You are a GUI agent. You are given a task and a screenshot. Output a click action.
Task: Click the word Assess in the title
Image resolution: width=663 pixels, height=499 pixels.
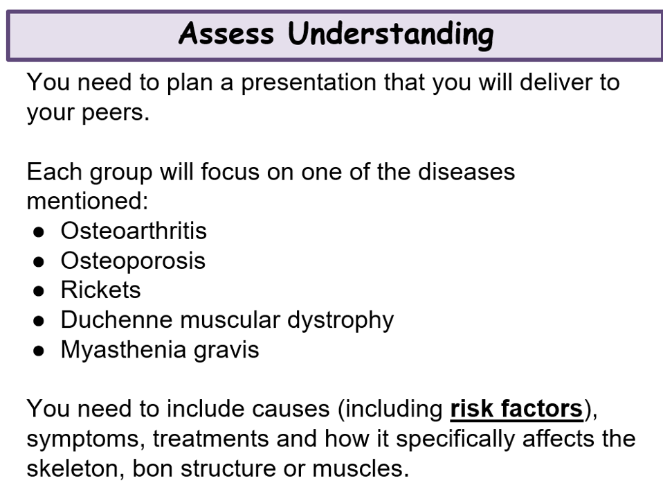[226, 33]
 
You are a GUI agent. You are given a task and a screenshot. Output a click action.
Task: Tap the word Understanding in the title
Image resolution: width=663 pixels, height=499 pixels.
[391, 35]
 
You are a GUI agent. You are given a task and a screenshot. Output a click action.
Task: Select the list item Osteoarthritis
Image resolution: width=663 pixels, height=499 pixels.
[134, 231]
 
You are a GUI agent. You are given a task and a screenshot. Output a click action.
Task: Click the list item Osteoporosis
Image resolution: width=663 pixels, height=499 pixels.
[133, 261]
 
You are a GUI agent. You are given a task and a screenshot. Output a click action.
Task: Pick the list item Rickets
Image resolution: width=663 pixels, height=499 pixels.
[100, 290]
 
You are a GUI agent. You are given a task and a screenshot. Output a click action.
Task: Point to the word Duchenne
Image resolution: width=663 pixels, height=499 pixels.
[117, 319]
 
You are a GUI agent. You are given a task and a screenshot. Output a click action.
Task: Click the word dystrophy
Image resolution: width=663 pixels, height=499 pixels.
[340, 321]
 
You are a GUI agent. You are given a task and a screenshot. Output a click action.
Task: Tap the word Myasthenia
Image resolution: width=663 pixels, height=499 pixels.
[123, 350]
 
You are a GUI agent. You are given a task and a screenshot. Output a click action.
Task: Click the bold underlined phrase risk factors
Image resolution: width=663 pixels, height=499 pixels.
[517, 409]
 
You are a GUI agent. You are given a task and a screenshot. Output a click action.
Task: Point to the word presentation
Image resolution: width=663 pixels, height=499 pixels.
[309, 83]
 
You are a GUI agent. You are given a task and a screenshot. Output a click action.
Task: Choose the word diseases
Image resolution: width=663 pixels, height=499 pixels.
[466, 172]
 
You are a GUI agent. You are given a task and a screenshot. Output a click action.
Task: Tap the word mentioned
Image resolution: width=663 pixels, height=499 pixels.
[87, 202]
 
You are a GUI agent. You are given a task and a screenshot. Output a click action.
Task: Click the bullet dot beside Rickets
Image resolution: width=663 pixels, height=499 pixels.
[39, 291]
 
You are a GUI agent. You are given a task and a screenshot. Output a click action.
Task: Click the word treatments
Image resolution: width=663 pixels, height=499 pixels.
[210, 439]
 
